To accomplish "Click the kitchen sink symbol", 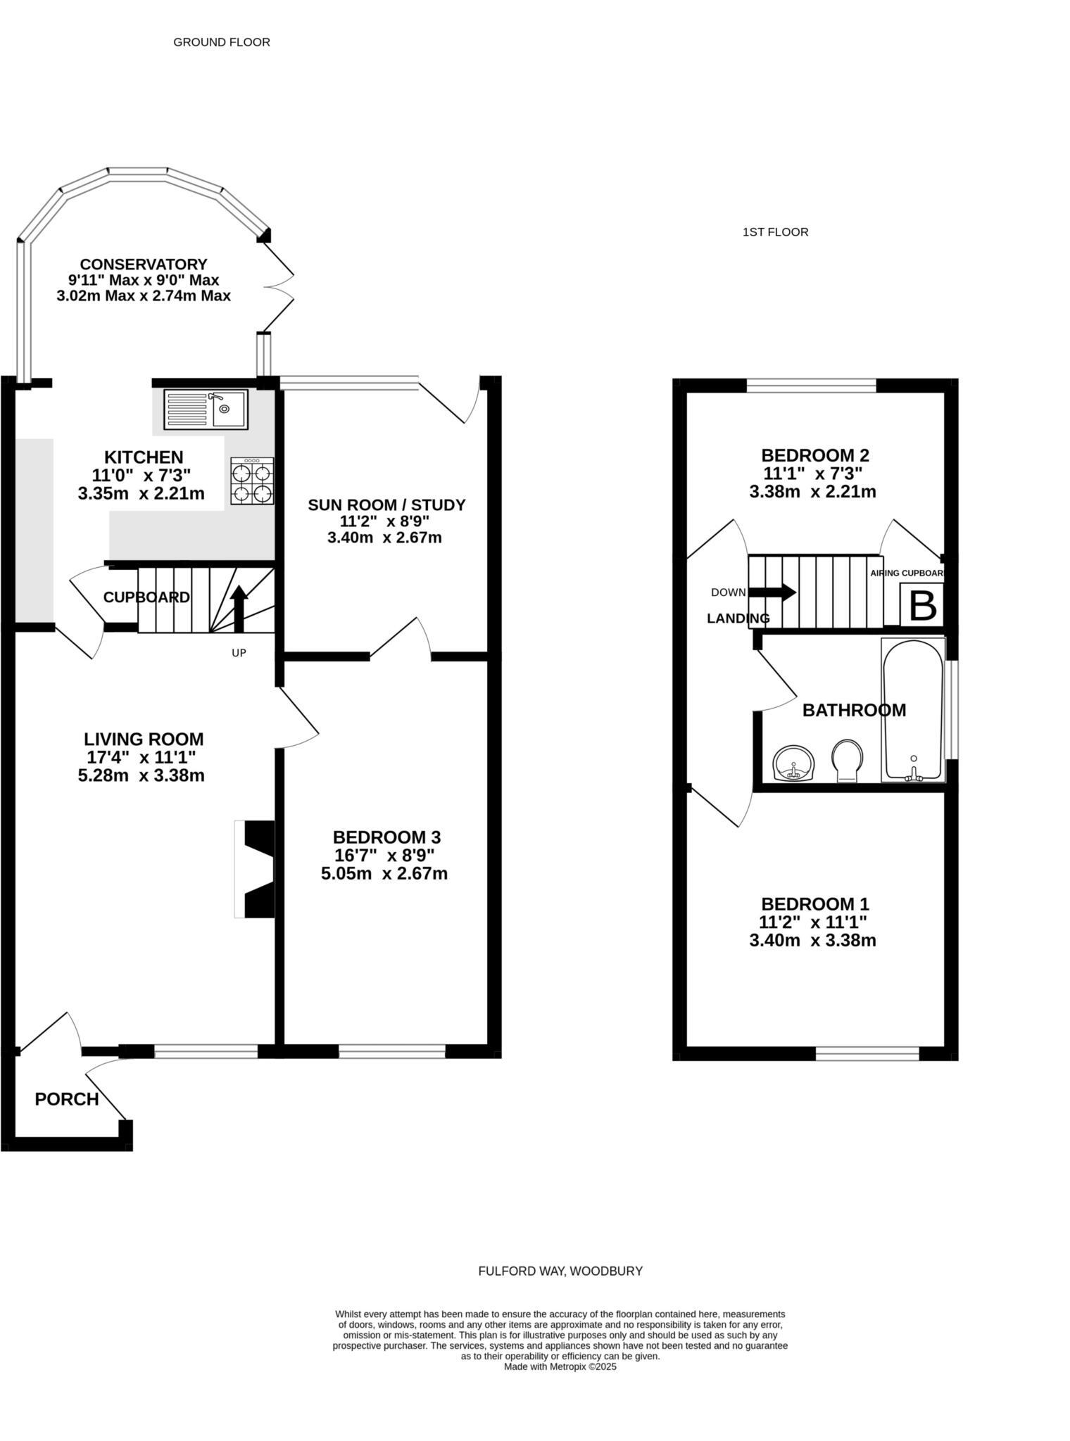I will [206, 409].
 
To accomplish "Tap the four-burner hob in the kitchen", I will [252, 482].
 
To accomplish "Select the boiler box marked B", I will [922, 604].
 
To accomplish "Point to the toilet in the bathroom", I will [847, 761].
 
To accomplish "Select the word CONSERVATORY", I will [144, 264].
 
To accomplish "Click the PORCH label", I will [67, 1099].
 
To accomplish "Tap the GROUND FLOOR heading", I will [222, 42].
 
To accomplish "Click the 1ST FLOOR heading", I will [775, 231].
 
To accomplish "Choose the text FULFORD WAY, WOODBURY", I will [560, 1271].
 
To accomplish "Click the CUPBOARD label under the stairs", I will [146, 597].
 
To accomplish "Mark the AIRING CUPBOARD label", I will [906, 573].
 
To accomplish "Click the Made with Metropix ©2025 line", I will [560, 1366].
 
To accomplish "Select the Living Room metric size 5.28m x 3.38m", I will [141, 775].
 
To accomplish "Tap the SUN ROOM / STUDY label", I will [386, 504].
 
